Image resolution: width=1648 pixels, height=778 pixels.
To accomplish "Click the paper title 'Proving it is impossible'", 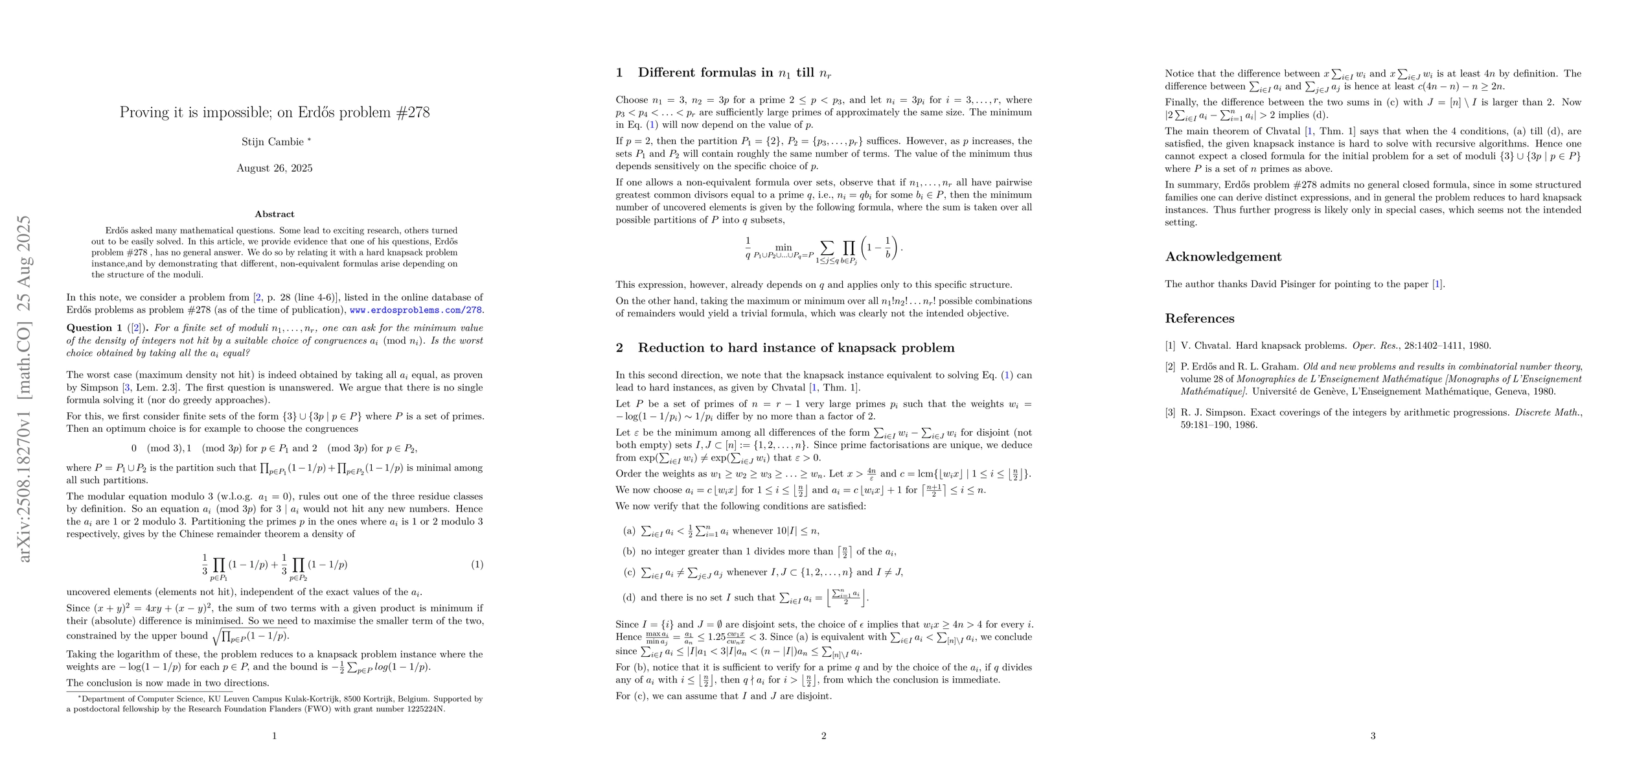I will [x=274, y=112].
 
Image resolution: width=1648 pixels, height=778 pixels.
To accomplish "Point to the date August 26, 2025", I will [x=274, y=169].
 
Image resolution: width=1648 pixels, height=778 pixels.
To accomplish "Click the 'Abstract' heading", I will [x=274, y=214].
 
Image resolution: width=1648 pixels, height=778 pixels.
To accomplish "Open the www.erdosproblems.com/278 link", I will [x=416, y=310].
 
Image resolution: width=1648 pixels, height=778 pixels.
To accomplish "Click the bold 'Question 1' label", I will [x=95, y=328].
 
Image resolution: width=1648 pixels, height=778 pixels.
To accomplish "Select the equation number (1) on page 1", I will [x=477, y=565].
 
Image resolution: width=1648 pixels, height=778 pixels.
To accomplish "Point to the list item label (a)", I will [x=628, y=531].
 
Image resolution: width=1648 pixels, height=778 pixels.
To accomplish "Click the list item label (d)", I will [x=628, y=598].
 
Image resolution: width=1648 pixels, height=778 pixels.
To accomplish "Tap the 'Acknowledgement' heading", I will [x=1223, y=257].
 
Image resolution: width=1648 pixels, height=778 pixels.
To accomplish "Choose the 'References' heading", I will [x=1200, y=318].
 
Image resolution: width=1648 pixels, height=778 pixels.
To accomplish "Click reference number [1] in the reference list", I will [x=1170, y=346].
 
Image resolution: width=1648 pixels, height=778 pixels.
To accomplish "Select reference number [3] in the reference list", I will [x=1170, y=412].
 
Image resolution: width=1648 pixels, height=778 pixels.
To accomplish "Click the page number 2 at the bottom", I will [x=823, y=736].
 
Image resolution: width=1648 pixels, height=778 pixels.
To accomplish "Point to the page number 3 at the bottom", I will [x=1373, y=736].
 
